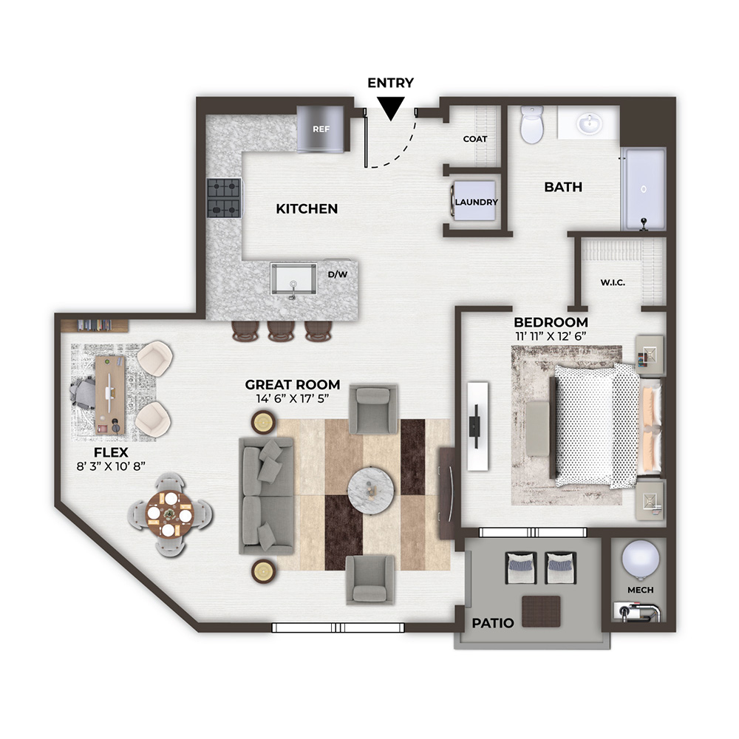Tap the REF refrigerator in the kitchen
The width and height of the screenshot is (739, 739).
(x=321, y=129)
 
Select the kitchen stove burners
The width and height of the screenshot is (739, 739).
(x=225, y=198)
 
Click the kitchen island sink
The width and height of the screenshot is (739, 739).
(x=293, y=281)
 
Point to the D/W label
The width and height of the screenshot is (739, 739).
(x=338, y=274)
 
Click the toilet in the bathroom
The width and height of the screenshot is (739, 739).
(x=532, y=124)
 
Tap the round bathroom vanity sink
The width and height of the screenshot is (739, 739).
(x=589, y=124)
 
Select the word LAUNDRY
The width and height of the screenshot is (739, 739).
(x=476, y=202)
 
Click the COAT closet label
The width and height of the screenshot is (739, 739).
(x=474, y=139)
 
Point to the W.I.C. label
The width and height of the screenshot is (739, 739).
(x=613, y=283)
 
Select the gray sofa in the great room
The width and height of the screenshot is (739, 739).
(x=266, y=496)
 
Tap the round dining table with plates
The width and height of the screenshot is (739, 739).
(x=170, y=514)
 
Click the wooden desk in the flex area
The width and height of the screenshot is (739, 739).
(x=110, y=395)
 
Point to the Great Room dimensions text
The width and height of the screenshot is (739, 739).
(x=292, y=398)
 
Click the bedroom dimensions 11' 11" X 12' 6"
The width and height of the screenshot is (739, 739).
(x=551, y=336)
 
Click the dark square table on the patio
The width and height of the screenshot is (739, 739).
(x=541, y=611)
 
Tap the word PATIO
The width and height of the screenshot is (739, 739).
(x=492, y=623)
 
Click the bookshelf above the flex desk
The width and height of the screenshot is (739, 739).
(x=95, y=326)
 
